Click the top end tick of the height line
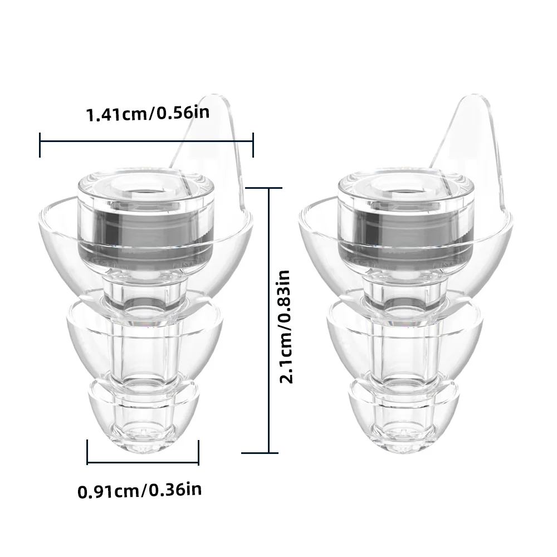tap(269, 188)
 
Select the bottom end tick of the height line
tap(269, 452)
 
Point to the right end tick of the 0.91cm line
tap(199, 452)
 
